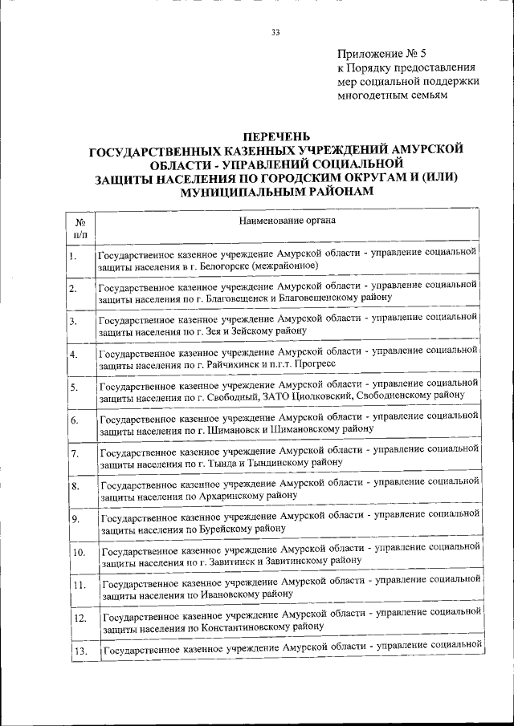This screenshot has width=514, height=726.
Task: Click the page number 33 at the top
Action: pos(275,33)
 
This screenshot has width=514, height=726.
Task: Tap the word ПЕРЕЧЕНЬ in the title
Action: pos(275,136)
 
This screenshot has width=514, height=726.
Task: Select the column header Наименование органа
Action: pos(287,220)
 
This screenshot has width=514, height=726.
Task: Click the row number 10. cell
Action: pos(79,553)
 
